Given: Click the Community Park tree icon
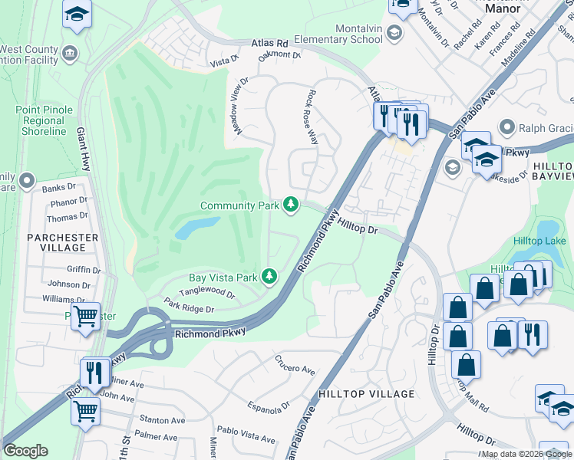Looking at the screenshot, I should tap(291, 204).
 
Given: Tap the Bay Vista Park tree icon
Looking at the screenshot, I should tap(269, 275).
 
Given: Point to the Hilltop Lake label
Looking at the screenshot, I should tap(539, 241).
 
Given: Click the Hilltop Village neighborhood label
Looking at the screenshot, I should tap(366, 394).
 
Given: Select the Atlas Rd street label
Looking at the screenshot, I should tap(269, 44).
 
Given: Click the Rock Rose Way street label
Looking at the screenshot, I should tap(312, 117).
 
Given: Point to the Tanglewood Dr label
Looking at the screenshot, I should tap(206, 292).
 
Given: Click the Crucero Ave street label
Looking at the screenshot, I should tap(295, 366).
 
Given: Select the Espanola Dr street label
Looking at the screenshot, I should tap(268, 406).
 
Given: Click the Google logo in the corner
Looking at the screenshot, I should tap(25, 451).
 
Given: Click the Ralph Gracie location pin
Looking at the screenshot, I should tap(506, 127).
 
